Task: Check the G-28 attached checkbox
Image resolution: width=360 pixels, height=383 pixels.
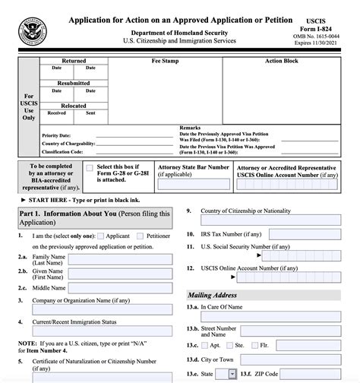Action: tap(90, 168)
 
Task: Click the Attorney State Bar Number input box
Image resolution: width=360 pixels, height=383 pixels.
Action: tap(193, 184)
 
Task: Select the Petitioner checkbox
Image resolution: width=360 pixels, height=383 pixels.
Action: tap(141, 236)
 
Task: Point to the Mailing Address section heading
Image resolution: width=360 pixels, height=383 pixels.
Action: tap(212, 295)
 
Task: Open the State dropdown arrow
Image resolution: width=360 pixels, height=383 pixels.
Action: tap(232, 375)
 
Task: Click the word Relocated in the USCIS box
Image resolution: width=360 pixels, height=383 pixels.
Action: tap(74, 106)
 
